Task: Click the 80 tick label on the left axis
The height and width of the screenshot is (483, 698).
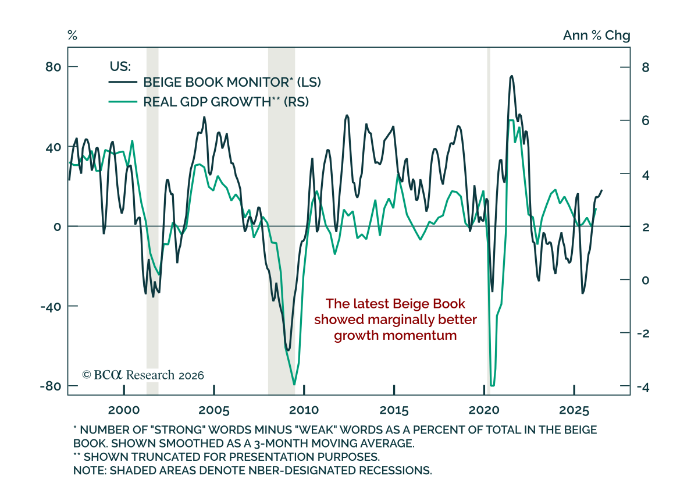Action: pyautogui.click(x=53, y=67)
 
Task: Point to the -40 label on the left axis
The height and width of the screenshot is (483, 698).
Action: pyautogui.click(x=51, y=306)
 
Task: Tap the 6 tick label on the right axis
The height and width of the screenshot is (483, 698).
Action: pyautogui.click(x=645, y=120)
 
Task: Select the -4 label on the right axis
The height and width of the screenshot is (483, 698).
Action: pyautogui.click(x=643, y=388)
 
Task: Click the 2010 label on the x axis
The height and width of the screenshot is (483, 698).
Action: pyautogui.click(x=304, y=410)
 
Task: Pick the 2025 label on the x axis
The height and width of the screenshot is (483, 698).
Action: pyautogui.click(x=574, y=410)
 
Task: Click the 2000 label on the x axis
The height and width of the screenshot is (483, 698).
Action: pyautogui.click(x=124, y=410)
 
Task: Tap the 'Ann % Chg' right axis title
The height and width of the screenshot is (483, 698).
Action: pyautogui.click(x=596, y=35)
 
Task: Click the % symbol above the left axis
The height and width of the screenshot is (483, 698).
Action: pyautogui.click(x=72, y=35)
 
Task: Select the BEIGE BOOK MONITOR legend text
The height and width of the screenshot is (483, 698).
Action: pyautogui.click(x=232, y=82)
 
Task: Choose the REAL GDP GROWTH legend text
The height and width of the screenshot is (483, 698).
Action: pyautogui.click(x=226, y=102)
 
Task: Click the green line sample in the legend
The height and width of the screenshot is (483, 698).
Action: pyautogui.click(x=123, y=102)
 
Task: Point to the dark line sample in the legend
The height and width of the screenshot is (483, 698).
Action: pyautogui.click(x=123, y=82)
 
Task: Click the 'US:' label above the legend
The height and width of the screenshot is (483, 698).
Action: pyautogui.click(x=120, y=66)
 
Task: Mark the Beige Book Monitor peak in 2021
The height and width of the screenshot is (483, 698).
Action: pyautogui.click(x=511, y=76)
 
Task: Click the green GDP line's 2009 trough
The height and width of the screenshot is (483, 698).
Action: pyautogui.click(x=294, y=384)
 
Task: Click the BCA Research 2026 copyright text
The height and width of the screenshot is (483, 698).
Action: pyautogui.click(x=143, y=375)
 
